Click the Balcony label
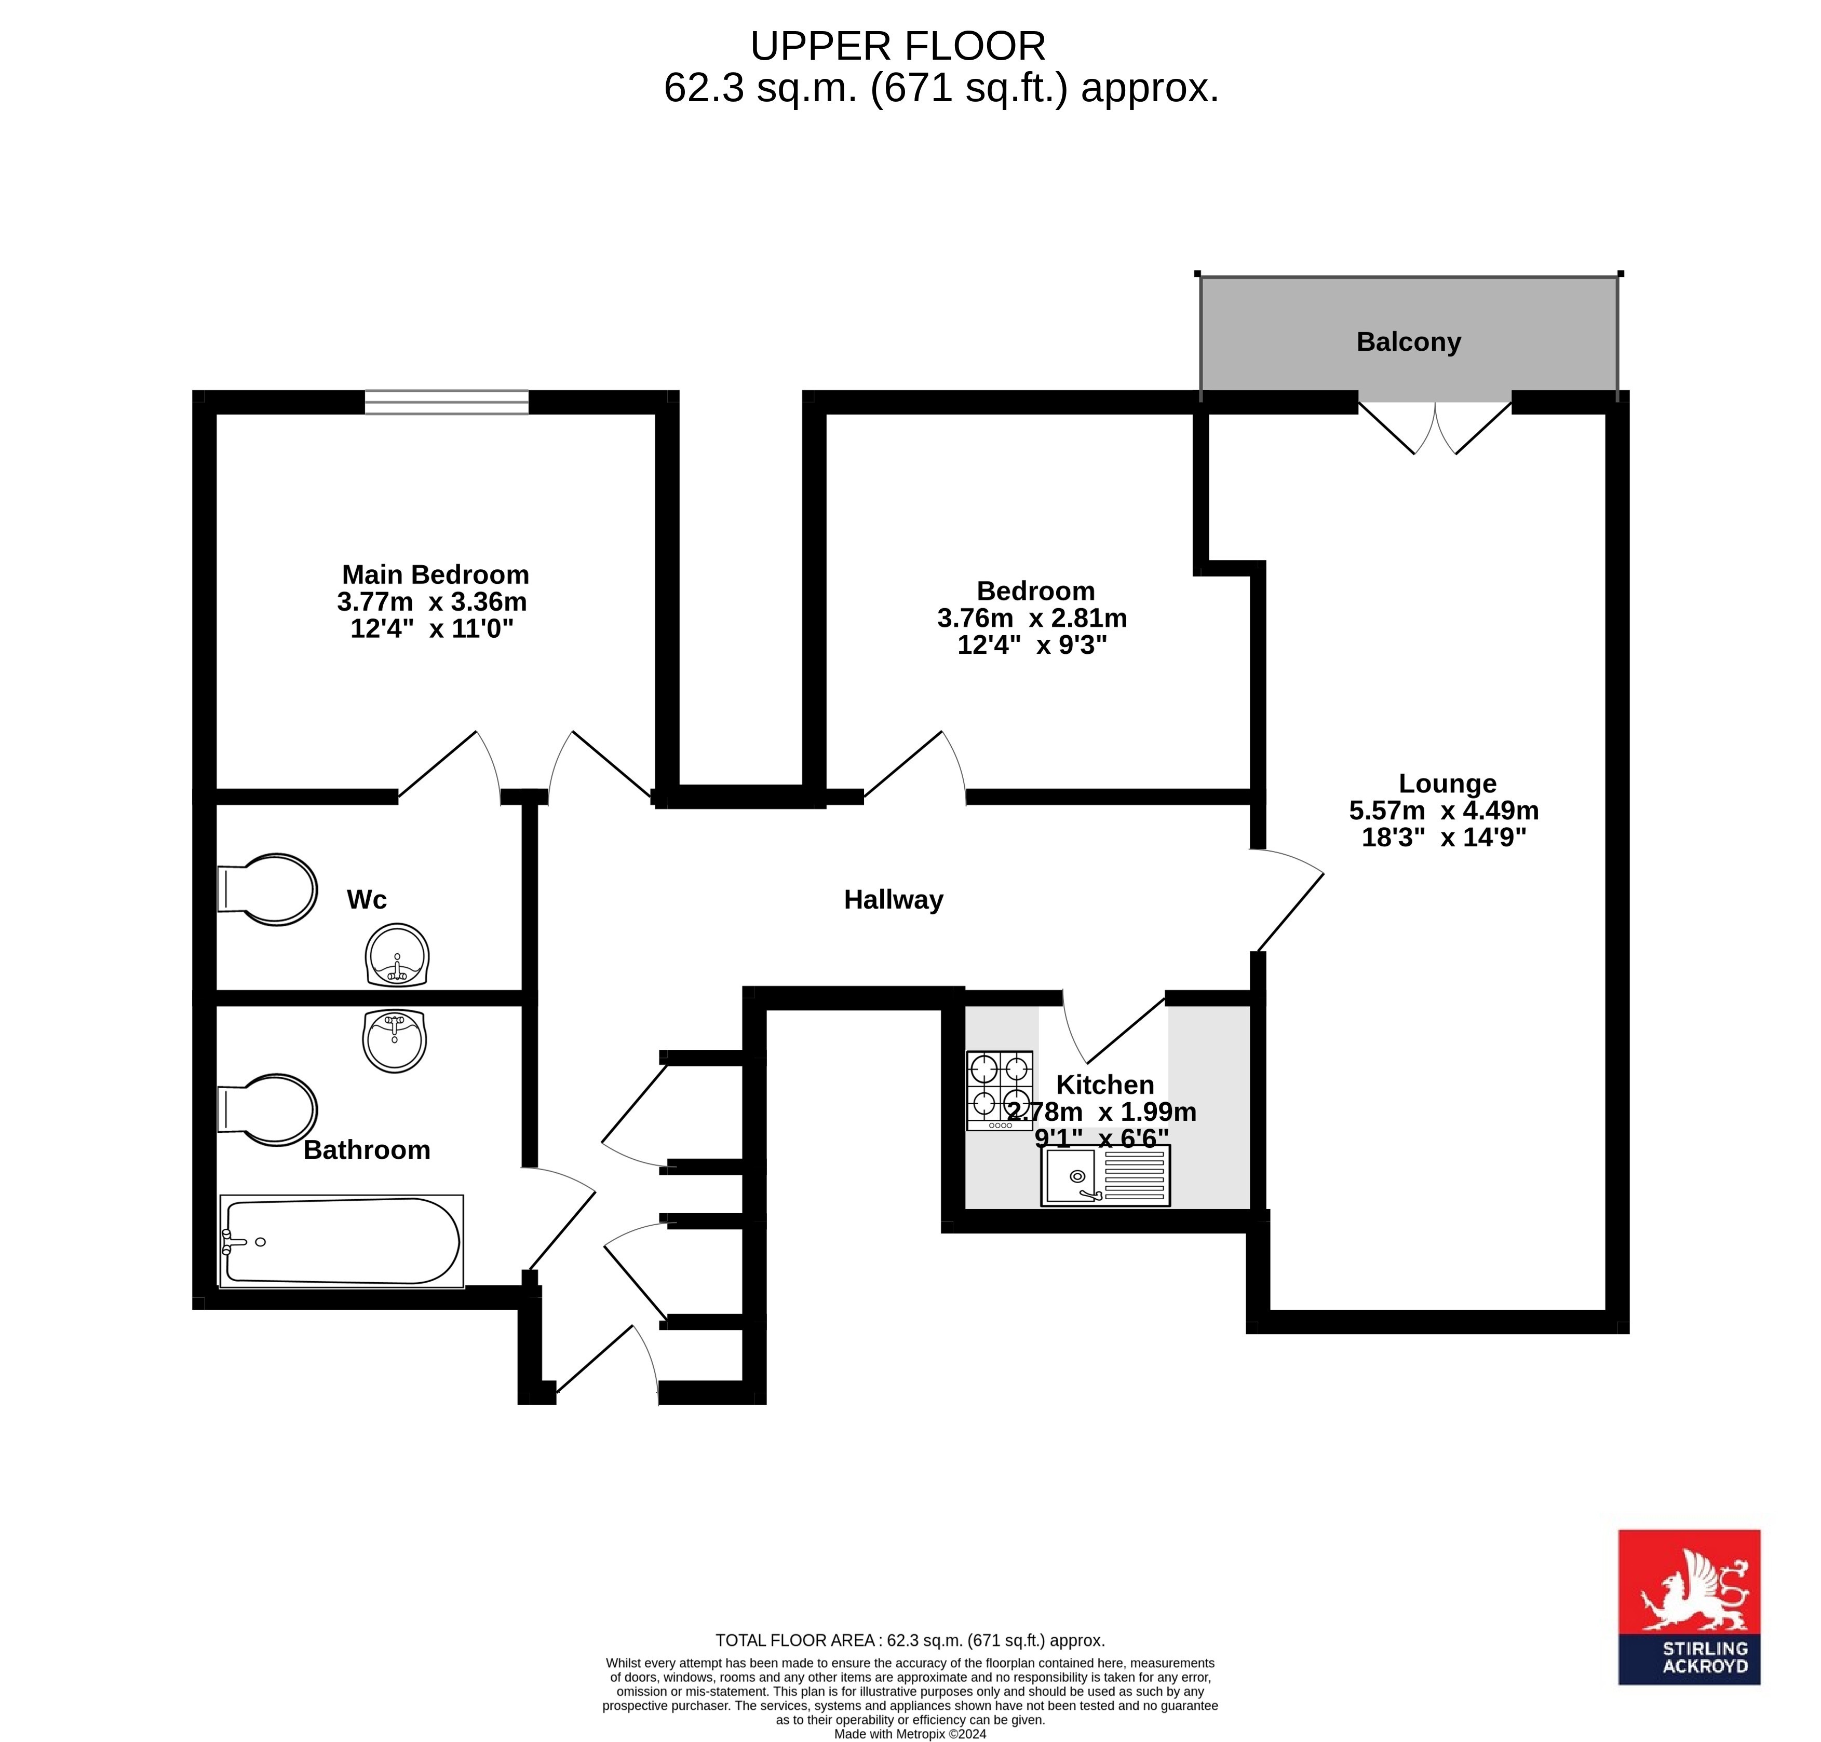click(1409, 342)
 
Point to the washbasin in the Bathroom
click(395, 1041)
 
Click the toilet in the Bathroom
click(267, 1110)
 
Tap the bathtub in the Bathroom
click(342, 1241)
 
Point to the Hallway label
click(893, 900)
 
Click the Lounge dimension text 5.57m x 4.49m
click(1444, 811)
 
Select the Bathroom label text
click(367, 1150)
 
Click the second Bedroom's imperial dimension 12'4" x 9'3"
click(1032, 644)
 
